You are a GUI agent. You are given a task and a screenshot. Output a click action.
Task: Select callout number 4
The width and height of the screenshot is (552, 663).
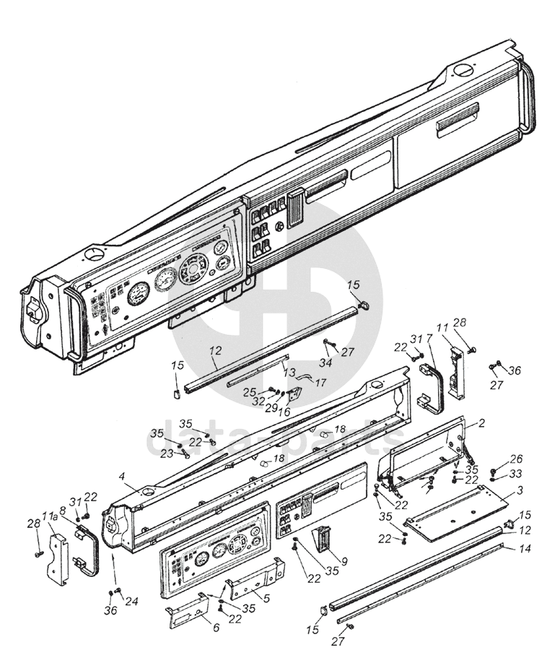pos(123,476)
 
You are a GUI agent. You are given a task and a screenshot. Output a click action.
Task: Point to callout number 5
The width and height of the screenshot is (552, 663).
pos(267,598)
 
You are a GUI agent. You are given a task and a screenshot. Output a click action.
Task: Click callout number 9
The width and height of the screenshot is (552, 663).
pos(343,560)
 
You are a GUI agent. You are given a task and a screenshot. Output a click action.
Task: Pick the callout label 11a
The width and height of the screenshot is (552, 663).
pos(49,516)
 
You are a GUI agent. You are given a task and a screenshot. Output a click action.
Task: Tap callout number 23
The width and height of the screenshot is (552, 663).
pos(167,454)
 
